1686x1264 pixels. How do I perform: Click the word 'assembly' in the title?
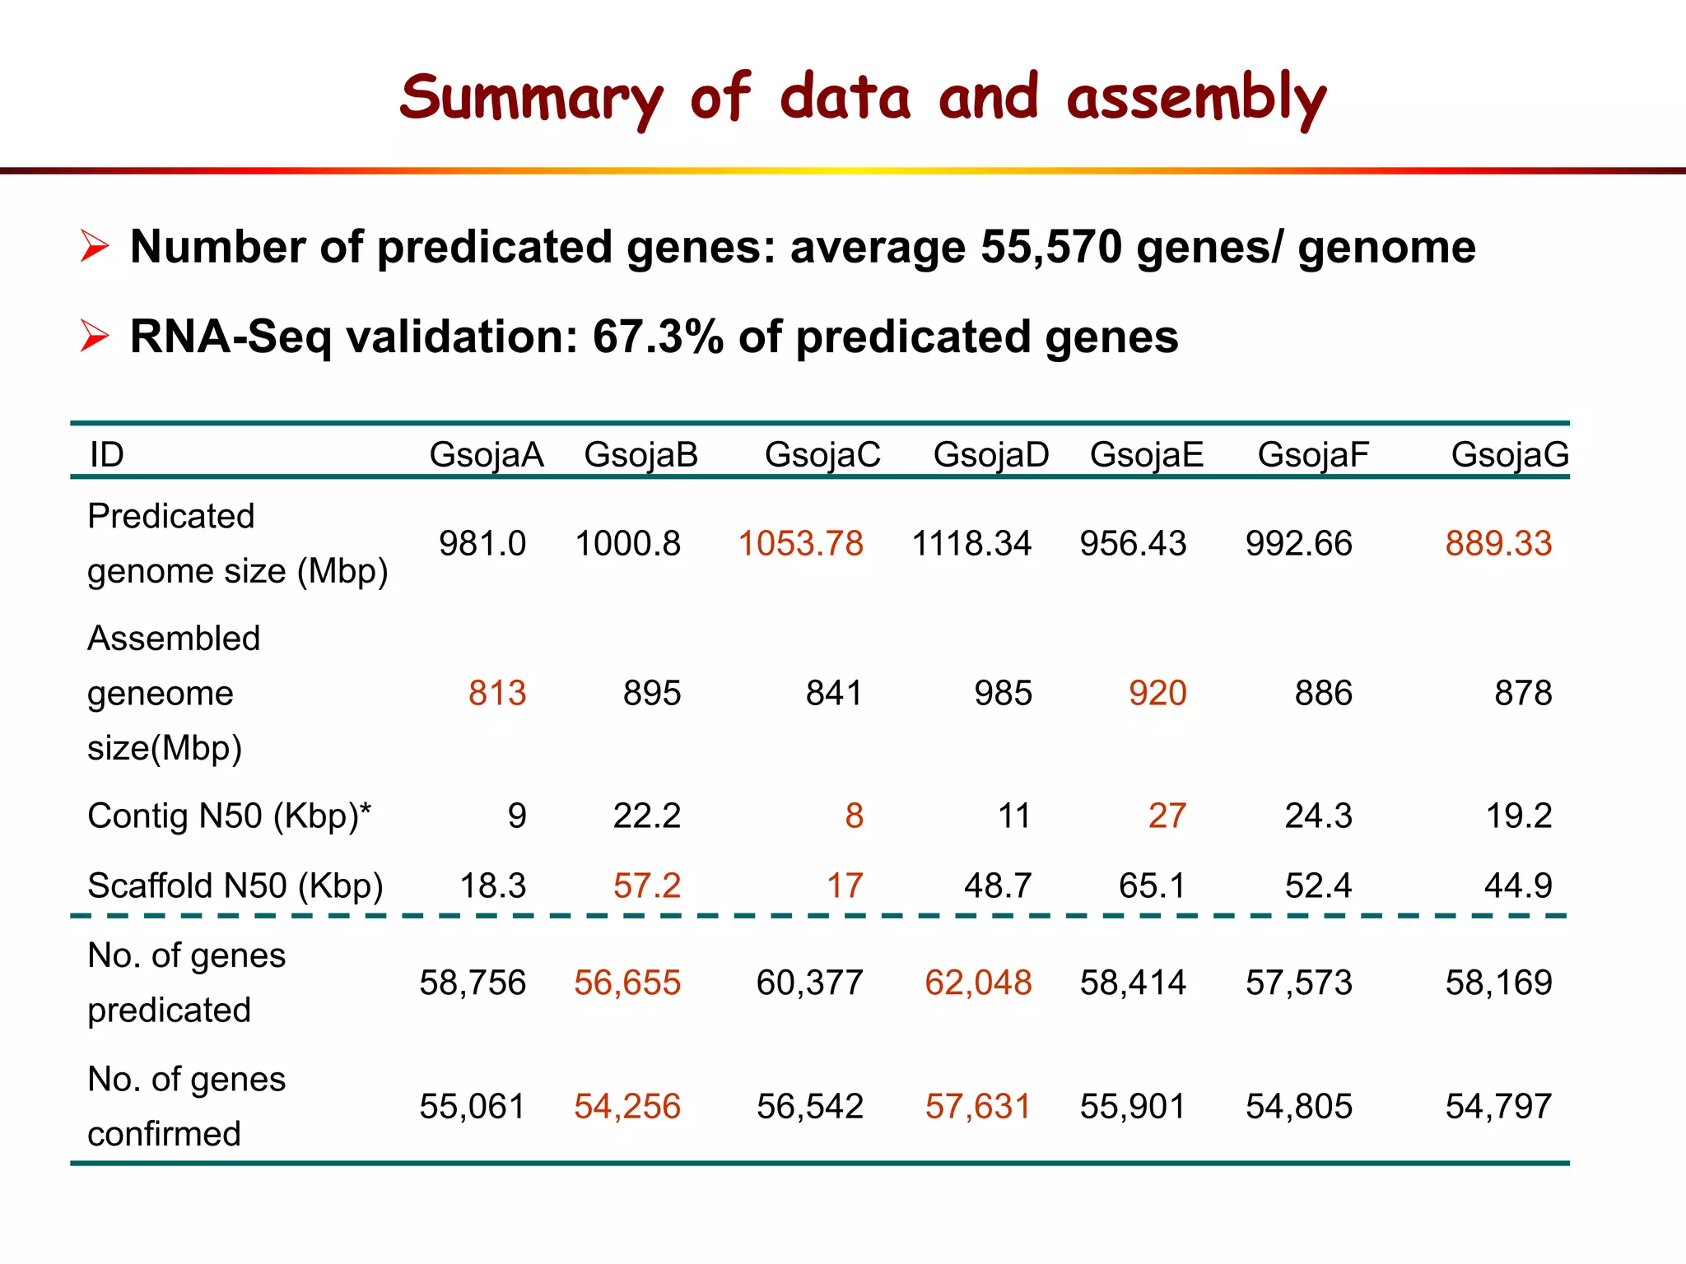coord(1195,99)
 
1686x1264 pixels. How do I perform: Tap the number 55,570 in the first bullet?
coord(1050,247)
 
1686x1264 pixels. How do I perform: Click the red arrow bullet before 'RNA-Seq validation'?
coord(95,337)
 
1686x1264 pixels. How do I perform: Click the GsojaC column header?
coord(822,455)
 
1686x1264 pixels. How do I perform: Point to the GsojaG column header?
coord(1509,455)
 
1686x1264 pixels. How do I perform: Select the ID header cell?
coord(107,455)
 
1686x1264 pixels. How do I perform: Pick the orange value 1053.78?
coord(800,544)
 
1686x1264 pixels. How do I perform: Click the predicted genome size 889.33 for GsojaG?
coord(1498,544)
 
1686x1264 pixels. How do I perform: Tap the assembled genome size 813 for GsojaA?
coord(497,694)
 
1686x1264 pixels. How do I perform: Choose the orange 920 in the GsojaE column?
coord(1157,694)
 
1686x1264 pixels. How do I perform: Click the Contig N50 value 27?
coord(1167,816)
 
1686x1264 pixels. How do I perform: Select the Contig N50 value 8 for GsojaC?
coord(854,816)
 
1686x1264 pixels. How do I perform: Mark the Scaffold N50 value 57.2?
coord(647,886)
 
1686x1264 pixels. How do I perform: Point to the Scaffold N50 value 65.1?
coord(1152,886)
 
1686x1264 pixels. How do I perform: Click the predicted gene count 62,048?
coord(978,983)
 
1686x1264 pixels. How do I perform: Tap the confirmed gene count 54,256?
coord(627,1107)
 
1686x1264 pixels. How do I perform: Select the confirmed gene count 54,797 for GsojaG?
coord(1498,1107)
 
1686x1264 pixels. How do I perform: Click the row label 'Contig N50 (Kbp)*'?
coord(230,816)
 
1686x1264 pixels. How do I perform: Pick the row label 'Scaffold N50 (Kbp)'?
coord(235,886)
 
